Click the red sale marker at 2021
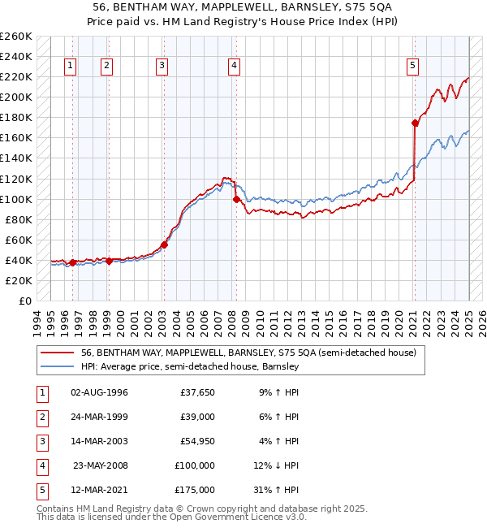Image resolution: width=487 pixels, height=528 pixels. (415, 123)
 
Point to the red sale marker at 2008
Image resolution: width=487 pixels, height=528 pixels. (236, 199)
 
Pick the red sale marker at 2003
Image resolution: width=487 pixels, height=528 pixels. (164, 245)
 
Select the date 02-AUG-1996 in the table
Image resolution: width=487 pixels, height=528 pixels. (99, 392)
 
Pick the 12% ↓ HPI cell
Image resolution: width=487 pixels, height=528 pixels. (277, 465)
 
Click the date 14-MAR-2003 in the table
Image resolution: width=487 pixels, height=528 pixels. (99, 441)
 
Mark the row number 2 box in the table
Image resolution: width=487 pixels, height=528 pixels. (40, 417)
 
